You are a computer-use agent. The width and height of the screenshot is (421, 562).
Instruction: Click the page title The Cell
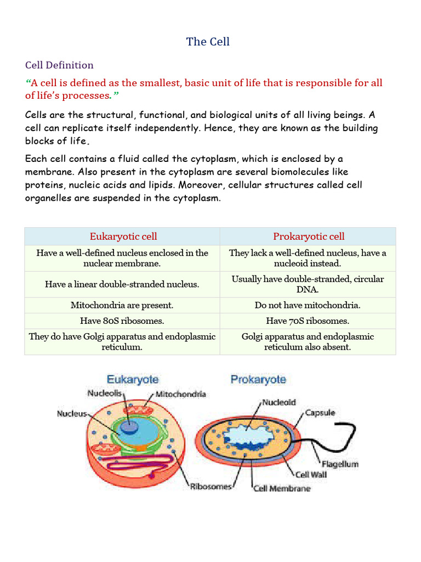click(208, 42)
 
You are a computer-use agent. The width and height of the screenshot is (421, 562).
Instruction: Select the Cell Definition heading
click(59, 65)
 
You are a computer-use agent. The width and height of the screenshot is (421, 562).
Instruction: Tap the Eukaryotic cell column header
click(123, 237)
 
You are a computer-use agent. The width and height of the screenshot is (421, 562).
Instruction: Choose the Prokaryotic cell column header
click(309, 237)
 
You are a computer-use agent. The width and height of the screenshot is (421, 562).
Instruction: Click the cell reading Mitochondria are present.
click(122, 305)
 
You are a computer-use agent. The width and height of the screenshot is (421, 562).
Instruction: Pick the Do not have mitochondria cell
click(308, 305)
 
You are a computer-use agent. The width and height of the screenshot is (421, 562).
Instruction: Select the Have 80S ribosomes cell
click(122, 321)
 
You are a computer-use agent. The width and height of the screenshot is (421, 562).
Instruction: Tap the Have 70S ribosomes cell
click(308, 321)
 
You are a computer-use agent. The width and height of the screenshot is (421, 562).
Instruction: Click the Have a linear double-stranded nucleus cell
click(122, 284)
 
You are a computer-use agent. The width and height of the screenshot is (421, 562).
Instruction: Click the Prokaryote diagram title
click(258, 379)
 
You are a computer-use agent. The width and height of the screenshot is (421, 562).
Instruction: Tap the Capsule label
click(320, 413)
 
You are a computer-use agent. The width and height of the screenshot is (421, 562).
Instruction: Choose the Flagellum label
click(340, 464)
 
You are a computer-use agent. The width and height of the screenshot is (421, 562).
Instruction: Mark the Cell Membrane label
click(282, 488)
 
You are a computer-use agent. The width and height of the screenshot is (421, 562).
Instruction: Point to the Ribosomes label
click(211, 487)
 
